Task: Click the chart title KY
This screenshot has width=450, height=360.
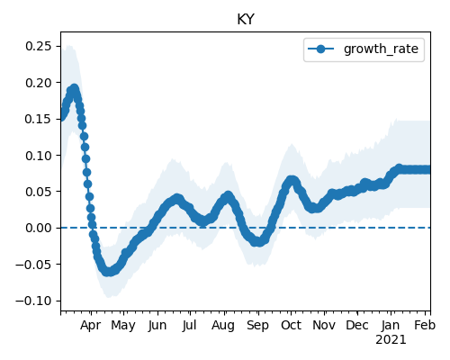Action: pos(246,20)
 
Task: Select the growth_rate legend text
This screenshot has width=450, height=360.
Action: pos(381,49)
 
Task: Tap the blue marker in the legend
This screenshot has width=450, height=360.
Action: pos(320,49)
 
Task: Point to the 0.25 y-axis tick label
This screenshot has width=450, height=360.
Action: pos(39,46)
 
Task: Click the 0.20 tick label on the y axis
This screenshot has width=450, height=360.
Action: pos(39,83)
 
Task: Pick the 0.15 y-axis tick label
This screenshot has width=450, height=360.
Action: pos(39,119)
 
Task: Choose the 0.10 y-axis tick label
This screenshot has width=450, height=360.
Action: pos(39,156)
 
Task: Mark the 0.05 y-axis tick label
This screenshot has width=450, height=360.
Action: pos(39,192)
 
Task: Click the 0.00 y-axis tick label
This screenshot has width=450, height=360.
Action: pos(39,228)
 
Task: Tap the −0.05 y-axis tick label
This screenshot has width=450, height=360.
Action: pos(33,265)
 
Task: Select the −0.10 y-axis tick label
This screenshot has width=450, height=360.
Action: pos(33,301)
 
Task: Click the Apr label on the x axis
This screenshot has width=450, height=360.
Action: pos(91,326)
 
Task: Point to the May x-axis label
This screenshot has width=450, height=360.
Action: pos(123,326)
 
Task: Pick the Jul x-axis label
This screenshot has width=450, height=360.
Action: pos(190,325)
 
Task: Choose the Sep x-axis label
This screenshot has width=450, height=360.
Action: pos(257,326)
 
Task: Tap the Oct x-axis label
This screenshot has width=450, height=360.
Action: pos(291,325)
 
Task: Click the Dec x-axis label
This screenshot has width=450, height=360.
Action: pos(357,325)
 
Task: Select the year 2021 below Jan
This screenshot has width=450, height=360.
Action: pos(391,340)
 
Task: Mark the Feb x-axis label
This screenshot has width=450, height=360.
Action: pos(425,325)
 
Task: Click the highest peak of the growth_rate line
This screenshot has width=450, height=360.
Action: pos(74,89)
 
